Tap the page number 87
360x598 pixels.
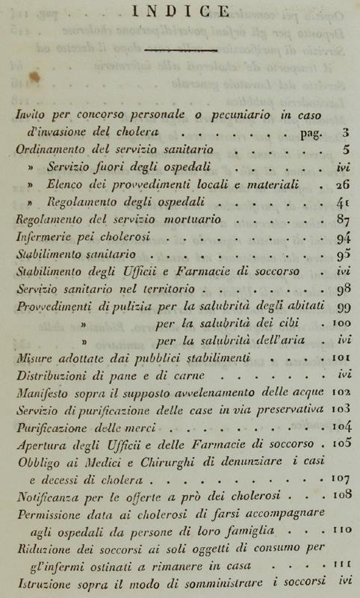click(x=343, y=220)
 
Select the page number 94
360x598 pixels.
click(x=343, y=238)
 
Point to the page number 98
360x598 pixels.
click(x=343, y=289)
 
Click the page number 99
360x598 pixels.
click(x=343, y=307)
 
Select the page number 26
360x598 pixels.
click(x=343, y=185)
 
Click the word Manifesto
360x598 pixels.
click(x=45, y=393)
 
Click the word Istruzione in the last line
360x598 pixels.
click(x=41, y=581)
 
